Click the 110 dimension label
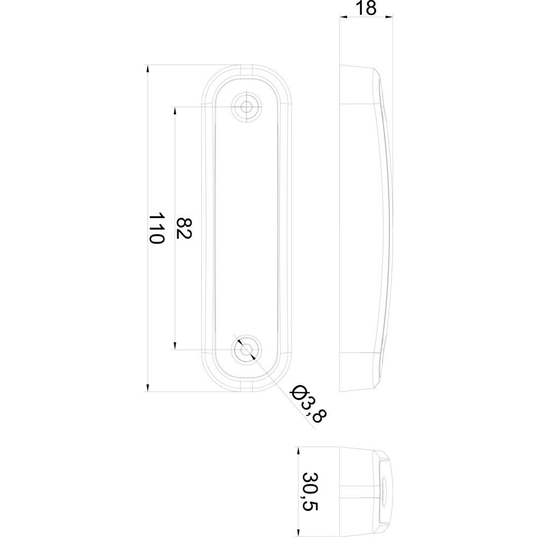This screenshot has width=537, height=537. click(x=156, y=228)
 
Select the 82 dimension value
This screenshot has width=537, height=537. click(x=184, y=228)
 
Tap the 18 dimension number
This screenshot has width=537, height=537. click(x=366, y=8)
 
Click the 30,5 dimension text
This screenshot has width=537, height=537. click(x=310, y=492)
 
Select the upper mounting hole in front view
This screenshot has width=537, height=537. click(x=245, y=106)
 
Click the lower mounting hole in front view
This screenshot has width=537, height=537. click(x=245, y=350)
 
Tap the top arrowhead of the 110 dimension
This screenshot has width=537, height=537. click(x=148, y=69)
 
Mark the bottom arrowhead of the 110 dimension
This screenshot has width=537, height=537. click(x=148, y=387)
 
